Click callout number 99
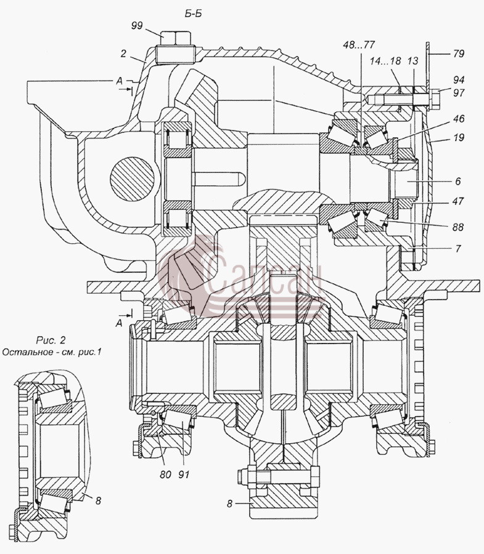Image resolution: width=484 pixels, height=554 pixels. (x=137, y=25)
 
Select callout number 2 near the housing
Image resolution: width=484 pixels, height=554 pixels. (x=123, y=54)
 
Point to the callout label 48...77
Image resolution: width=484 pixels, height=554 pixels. (x=359, y=45)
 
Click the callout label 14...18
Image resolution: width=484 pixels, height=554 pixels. (x=385, y=61)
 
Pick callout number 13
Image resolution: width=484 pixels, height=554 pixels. (x=412, y=61)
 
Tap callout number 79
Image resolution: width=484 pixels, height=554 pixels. (x=459, y=54)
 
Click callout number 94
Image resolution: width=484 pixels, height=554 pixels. (x=459, y=80)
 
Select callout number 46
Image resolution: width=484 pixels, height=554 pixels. (x=459, y=119)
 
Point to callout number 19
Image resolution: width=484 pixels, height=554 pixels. (x=459, y=137)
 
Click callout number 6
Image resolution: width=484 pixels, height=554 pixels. (x=458, y=181)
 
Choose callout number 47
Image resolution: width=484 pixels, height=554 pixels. (x=458, y=201)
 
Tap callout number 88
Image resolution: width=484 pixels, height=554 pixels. (x=458, y=227)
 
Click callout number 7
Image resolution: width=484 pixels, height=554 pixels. (x=458, y=249)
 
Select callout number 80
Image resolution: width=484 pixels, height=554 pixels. (x=165, y=474)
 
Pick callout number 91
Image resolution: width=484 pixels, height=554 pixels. (x=184, y=474)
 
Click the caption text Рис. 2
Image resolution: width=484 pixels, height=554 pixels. (x=51, y=340)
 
